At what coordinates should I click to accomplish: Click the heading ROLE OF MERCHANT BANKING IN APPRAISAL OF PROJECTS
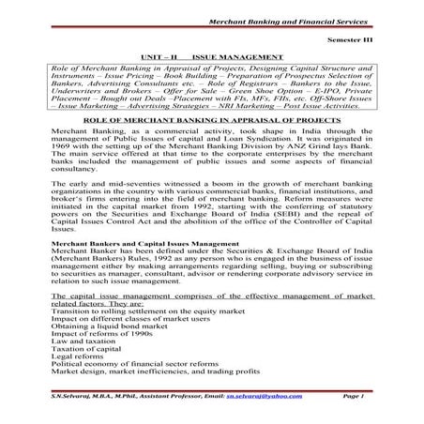click(x=212, y=122)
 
